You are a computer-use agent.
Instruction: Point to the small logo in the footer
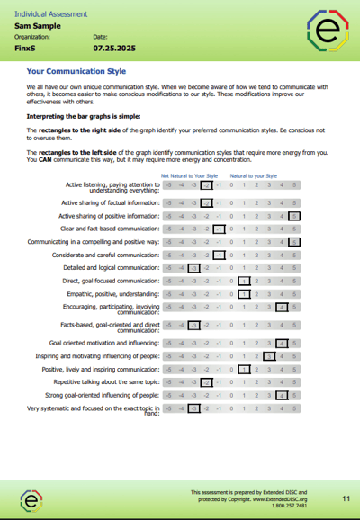[x=32, y=499]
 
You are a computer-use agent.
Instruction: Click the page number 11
[x=346, y=498]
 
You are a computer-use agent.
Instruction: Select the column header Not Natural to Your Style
[x=190, y=176]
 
